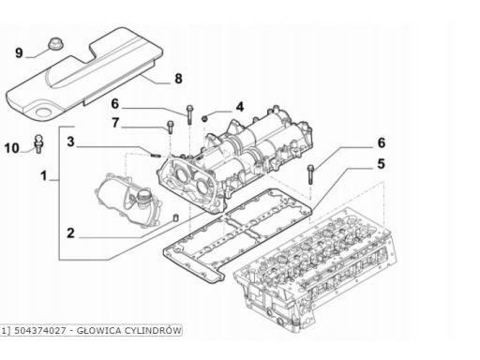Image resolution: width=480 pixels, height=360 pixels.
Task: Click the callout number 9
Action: click(20, 52)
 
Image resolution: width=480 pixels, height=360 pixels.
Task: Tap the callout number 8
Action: click(178, 79)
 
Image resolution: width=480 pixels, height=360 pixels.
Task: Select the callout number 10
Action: click(12, 148)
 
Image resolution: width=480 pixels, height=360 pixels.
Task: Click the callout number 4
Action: click(239, 107)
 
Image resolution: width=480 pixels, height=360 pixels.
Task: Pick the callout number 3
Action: click(71, 142)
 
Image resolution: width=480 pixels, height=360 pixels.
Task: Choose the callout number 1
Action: click(44, 175)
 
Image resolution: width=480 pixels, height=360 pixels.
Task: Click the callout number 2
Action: click(71, 233)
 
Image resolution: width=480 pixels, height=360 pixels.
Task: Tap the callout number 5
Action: click(381, 164)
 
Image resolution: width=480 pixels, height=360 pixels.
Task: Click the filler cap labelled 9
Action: click(55, 43)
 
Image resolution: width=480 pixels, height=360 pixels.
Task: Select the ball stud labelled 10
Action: click(38, 143)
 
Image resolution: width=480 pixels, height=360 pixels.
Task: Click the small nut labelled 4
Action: click(204, 119)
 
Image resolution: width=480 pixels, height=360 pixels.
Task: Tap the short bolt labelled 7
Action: click(170, 127)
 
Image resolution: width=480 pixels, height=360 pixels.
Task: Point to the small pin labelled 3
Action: click(156, 155)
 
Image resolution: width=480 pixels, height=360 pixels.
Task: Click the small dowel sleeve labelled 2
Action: click(176, 217)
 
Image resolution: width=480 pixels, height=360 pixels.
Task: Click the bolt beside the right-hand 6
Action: click(310, 174)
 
